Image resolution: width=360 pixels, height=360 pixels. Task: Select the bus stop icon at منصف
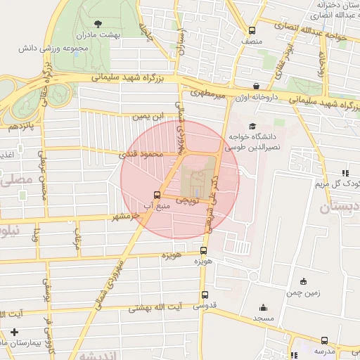pos(252,30)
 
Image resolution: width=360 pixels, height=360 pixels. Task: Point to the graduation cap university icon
pos(252,124)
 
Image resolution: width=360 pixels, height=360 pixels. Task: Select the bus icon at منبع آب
pos(156,195)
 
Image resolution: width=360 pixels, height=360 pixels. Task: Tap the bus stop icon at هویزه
pos(204,250)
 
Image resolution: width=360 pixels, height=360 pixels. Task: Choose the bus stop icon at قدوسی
pos(205,295)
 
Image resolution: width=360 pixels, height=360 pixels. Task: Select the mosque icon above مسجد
pos(263,307)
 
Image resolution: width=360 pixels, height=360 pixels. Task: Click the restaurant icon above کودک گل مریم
pos(345,173)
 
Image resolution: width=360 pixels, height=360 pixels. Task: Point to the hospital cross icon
pos(15,332)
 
